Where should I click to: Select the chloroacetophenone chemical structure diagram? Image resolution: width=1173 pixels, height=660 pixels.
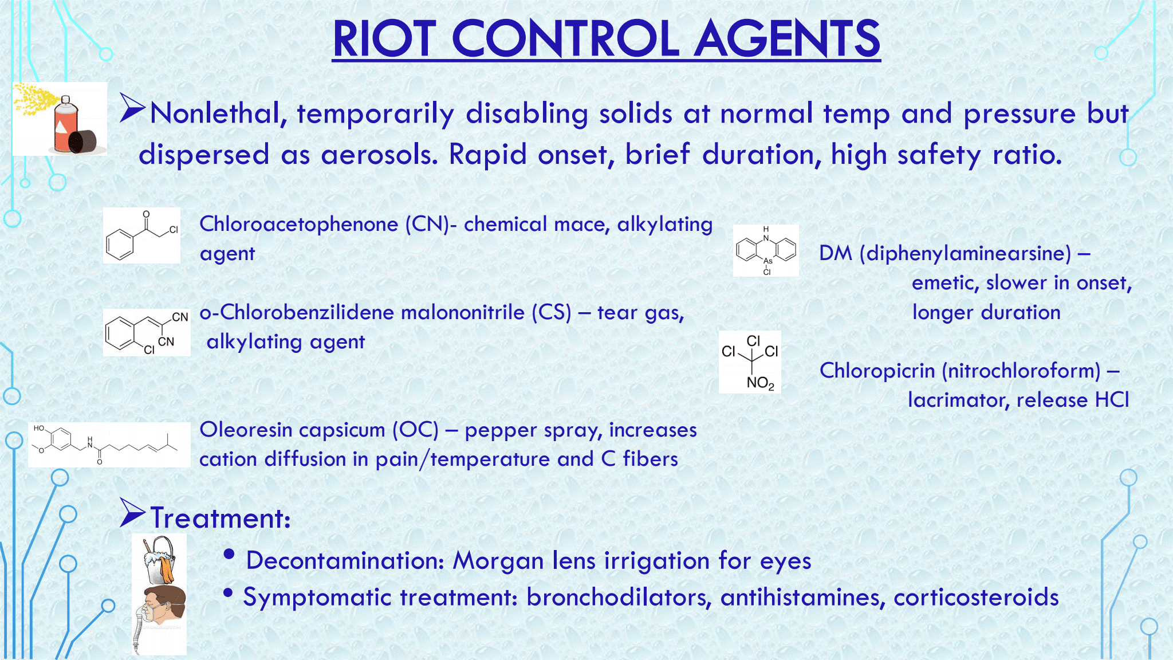[x=141, y=235]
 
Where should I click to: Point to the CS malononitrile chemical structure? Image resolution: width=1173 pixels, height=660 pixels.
[x=147, y=333]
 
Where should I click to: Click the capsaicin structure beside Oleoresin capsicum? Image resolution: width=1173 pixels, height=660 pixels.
[x=109, y=445]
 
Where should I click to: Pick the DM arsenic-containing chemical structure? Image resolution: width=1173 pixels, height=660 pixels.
[x=766, y=251]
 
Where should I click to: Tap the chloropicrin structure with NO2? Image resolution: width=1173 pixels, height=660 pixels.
[x=750, y=362]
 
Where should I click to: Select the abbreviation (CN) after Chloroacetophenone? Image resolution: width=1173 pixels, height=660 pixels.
[x=427, y=224]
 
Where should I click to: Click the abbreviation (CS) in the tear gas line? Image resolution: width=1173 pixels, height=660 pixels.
[x=552, y=312]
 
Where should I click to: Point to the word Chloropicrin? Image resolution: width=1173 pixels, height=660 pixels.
[x=877, y=371]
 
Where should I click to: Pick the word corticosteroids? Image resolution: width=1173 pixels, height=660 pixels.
[x=976, y=597]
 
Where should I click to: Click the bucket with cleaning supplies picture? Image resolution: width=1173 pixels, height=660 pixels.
[x=159, y=560]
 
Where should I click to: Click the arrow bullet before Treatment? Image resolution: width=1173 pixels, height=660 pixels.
[x=132, y=513]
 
